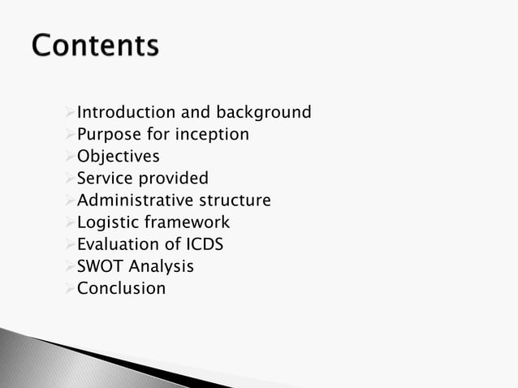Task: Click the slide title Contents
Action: (96, 46)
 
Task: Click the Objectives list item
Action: (118, 156)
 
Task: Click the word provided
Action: (173, 178)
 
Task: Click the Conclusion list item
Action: (121, 287)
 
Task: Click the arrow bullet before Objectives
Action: (70, 156)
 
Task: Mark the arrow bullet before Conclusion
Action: (70, 287)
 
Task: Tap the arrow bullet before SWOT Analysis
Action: (70, 265)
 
